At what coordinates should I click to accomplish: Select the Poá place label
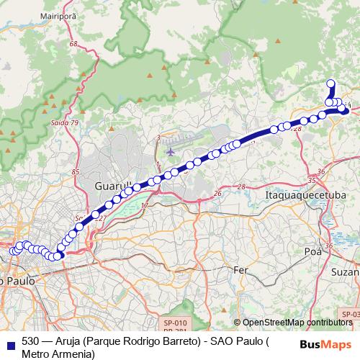(312, 252)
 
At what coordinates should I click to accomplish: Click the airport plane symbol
(170, 151)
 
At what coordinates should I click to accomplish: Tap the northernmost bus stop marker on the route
(331, 84)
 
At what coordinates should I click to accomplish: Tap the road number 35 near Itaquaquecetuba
(311, 181)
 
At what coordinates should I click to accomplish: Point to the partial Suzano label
(345, 274)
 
